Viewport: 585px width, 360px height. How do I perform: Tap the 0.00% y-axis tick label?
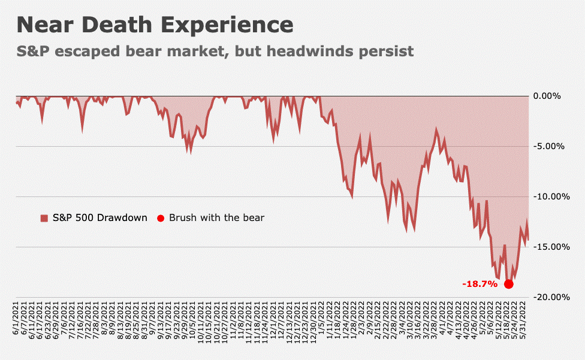pyautogui.click(x=547, y=96)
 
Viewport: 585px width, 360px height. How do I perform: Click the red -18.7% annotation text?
pyautogui.click(x=480, y=284)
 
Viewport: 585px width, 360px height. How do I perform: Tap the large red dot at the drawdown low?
pyautogui.click(x=509, y=284)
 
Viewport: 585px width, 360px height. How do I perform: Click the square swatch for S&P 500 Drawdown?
pyautogui.click(x=44, y=218)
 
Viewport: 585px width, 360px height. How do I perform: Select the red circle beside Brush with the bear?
pyautogui.click(x=160, y=218)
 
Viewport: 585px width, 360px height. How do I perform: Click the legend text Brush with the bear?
pyautogui.click(x=216, y=218)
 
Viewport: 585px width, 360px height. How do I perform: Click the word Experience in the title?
pyautogui.click(x=231, y=25)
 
